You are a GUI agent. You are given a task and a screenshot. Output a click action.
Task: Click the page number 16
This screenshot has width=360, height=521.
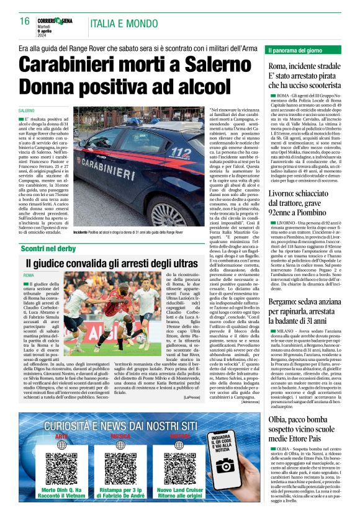tap(25, 21)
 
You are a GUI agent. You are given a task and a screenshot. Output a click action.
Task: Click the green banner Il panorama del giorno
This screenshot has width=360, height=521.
tap(305, 50)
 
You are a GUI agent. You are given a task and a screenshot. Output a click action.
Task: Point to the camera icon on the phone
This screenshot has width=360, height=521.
tap(225, 465)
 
